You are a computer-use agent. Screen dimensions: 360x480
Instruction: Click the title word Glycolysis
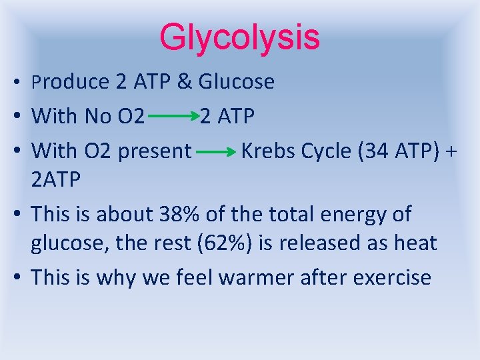pyautogui.click(x=240, y=37)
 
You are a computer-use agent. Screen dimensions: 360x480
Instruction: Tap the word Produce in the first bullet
pyautogui.click(x=70, y=82)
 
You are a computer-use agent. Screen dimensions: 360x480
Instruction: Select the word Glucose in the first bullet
pyautogui.click(x=236, y=82)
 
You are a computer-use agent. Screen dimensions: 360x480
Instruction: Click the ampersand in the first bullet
pyautogui.click(x=184, y=82)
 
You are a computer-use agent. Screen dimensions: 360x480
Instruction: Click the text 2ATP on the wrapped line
pyautogui.click(x=56, y=179)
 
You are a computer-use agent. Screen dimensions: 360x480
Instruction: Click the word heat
pyautogui.click(x=414, y=243)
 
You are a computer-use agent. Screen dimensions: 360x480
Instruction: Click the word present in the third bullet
pyautogui.click(x=154, y=152)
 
